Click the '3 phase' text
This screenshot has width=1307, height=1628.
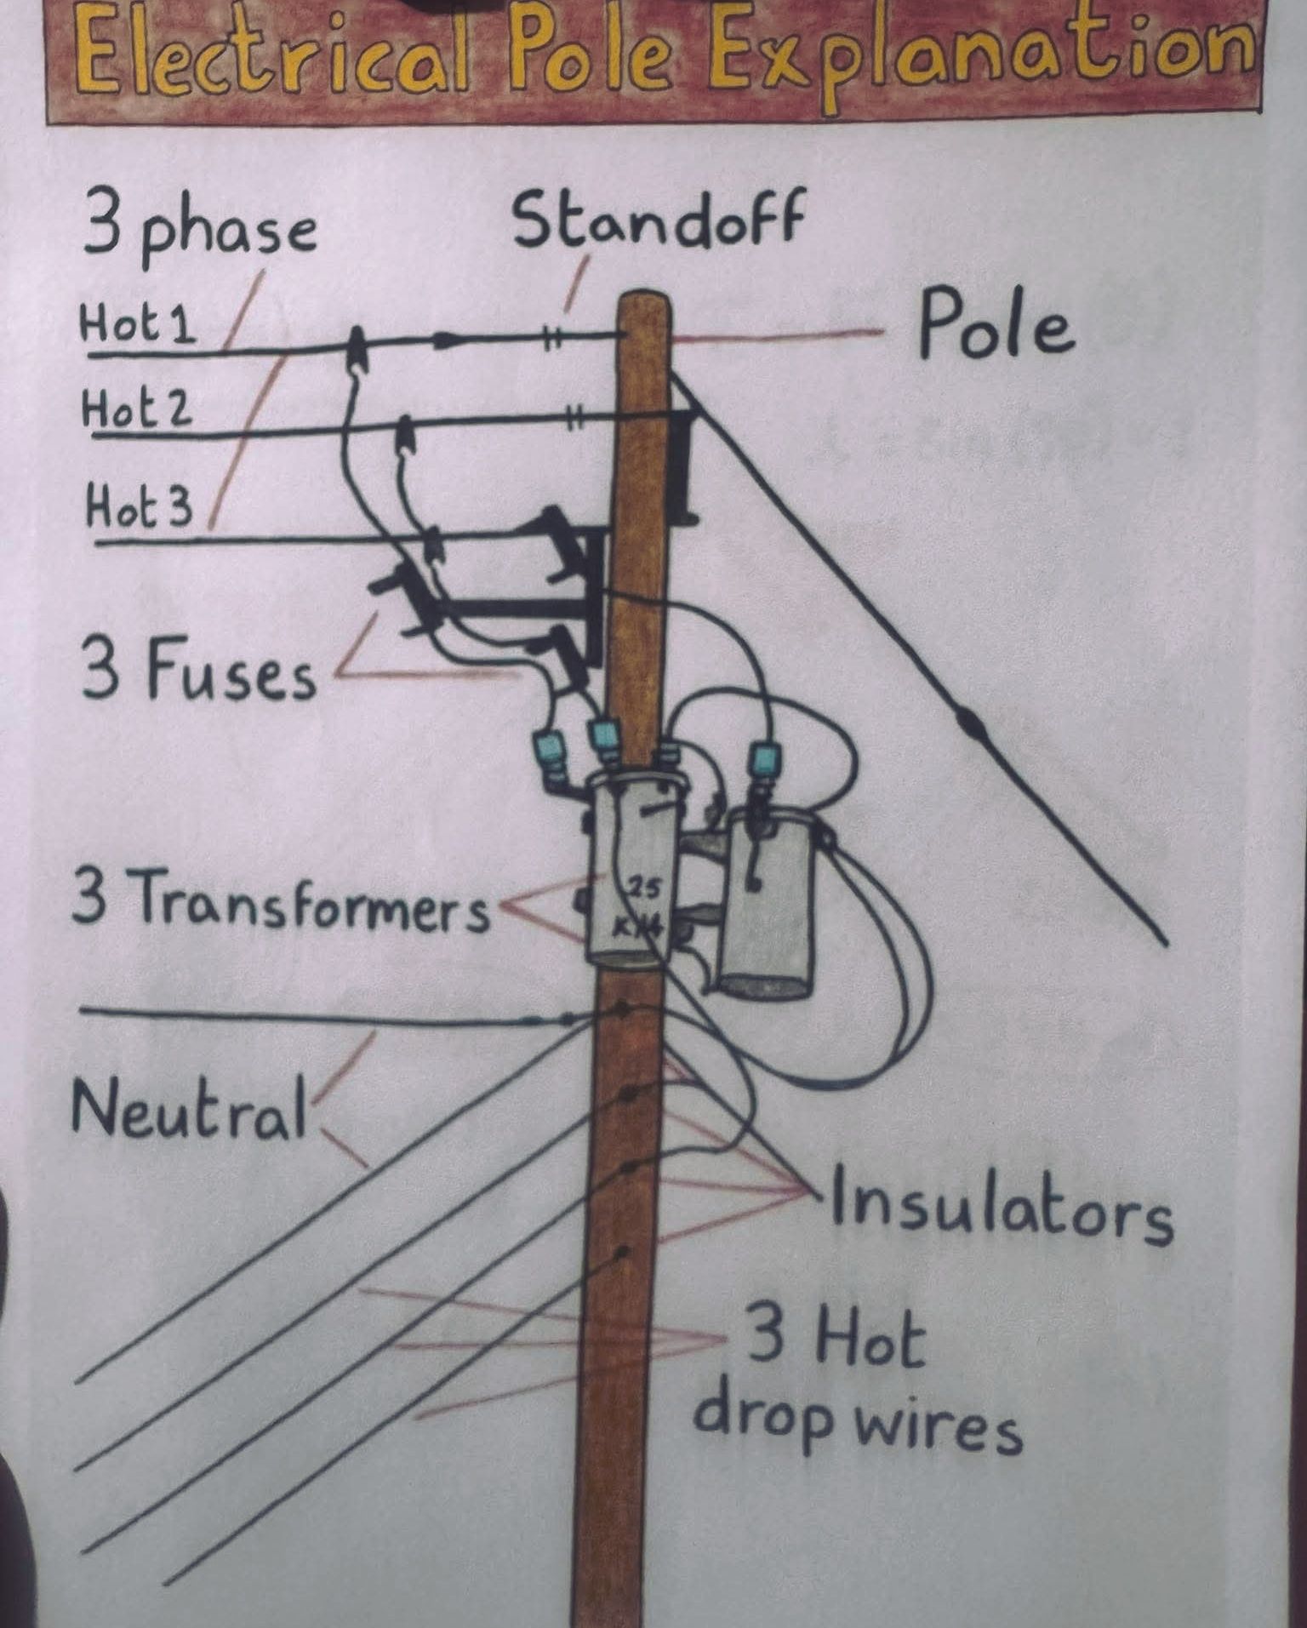pos(200,226)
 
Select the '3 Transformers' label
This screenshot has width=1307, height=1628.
pos(282,900)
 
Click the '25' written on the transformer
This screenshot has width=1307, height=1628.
pos(643,890)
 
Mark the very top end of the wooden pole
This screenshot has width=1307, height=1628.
pos(644,295)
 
